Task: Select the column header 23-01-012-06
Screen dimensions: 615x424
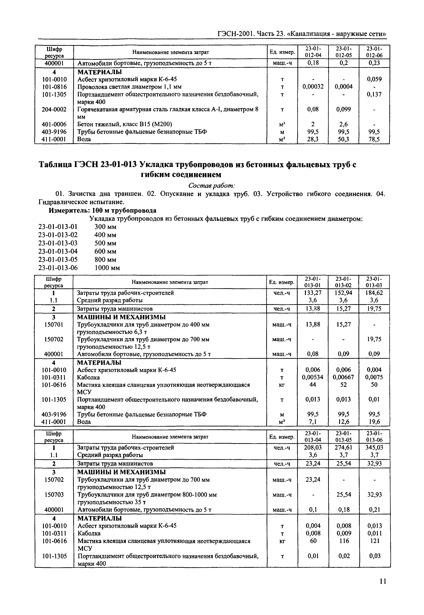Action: pyautogui.click(x=374, y=52)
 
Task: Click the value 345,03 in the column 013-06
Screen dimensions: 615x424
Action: pyautogui.click(x=374, y=448)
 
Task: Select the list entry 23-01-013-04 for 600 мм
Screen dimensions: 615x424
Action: pyautogui.click(x=58, y=251)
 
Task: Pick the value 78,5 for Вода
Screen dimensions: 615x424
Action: pyautogui.click(x=374, y=139)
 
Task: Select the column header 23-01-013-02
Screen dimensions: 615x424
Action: pyautogui.click(x=344, y=282)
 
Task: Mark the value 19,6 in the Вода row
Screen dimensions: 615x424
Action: pyautogui.click(x=374, y=422)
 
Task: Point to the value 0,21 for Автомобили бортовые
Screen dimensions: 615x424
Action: pyautogui.click(x=374, y=510)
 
